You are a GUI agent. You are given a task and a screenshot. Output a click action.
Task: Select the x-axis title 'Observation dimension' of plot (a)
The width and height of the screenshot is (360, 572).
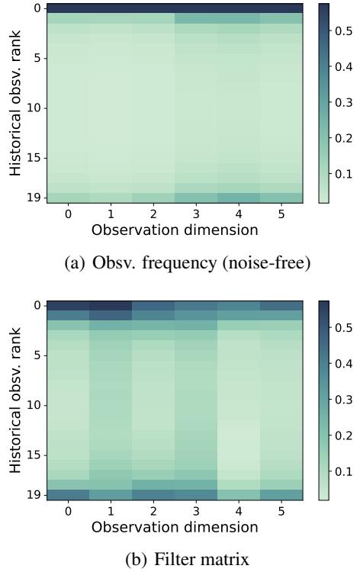175,228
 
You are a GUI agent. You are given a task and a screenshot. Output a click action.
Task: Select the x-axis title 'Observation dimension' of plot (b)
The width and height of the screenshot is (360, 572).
175,526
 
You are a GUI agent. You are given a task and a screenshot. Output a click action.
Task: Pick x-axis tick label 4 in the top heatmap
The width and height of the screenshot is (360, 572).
239,214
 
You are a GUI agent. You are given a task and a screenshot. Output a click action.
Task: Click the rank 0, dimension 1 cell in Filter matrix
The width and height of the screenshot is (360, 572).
111,305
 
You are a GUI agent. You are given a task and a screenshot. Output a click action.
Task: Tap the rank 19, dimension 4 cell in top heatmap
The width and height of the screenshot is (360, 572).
239,198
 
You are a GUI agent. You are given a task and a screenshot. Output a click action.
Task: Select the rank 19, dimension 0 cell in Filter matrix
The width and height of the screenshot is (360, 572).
68,495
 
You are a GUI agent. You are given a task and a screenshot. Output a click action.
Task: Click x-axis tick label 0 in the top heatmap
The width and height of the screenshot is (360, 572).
68,214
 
